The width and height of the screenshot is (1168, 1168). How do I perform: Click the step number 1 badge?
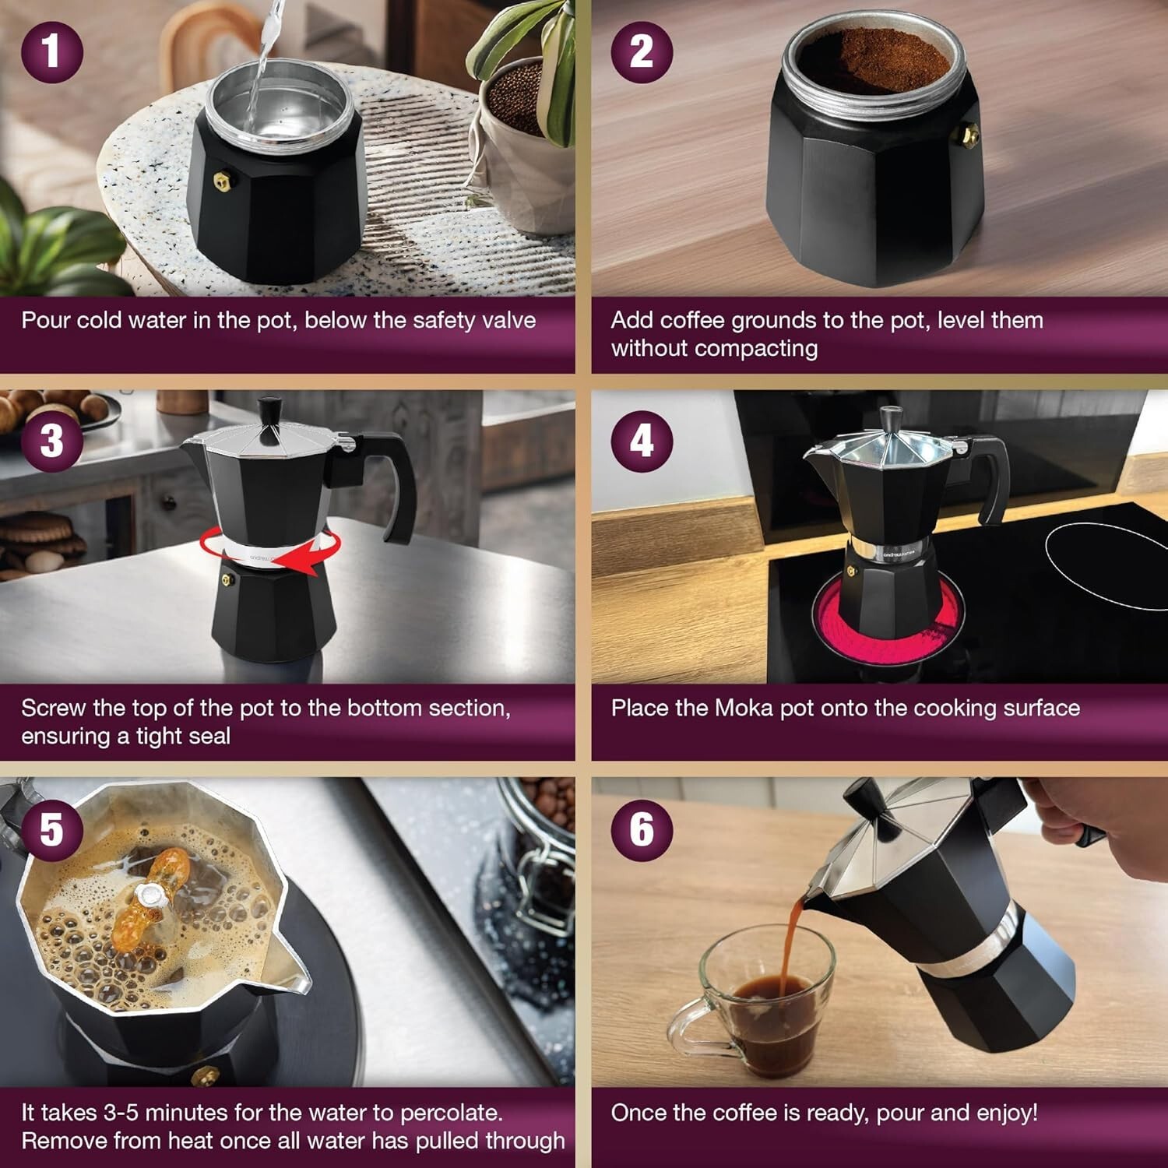(52, 51)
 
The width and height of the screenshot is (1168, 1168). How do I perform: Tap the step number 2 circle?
(642, 51)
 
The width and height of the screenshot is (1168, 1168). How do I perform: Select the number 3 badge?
(52, 441)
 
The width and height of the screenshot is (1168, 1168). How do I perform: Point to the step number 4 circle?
(642, 441)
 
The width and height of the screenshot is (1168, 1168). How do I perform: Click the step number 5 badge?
(52, 829)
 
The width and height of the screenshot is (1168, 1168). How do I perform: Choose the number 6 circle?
(642, 829)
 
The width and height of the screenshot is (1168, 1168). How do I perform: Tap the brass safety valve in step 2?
(969, 135)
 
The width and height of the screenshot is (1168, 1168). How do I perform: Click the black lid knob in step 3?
(270, 411)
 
